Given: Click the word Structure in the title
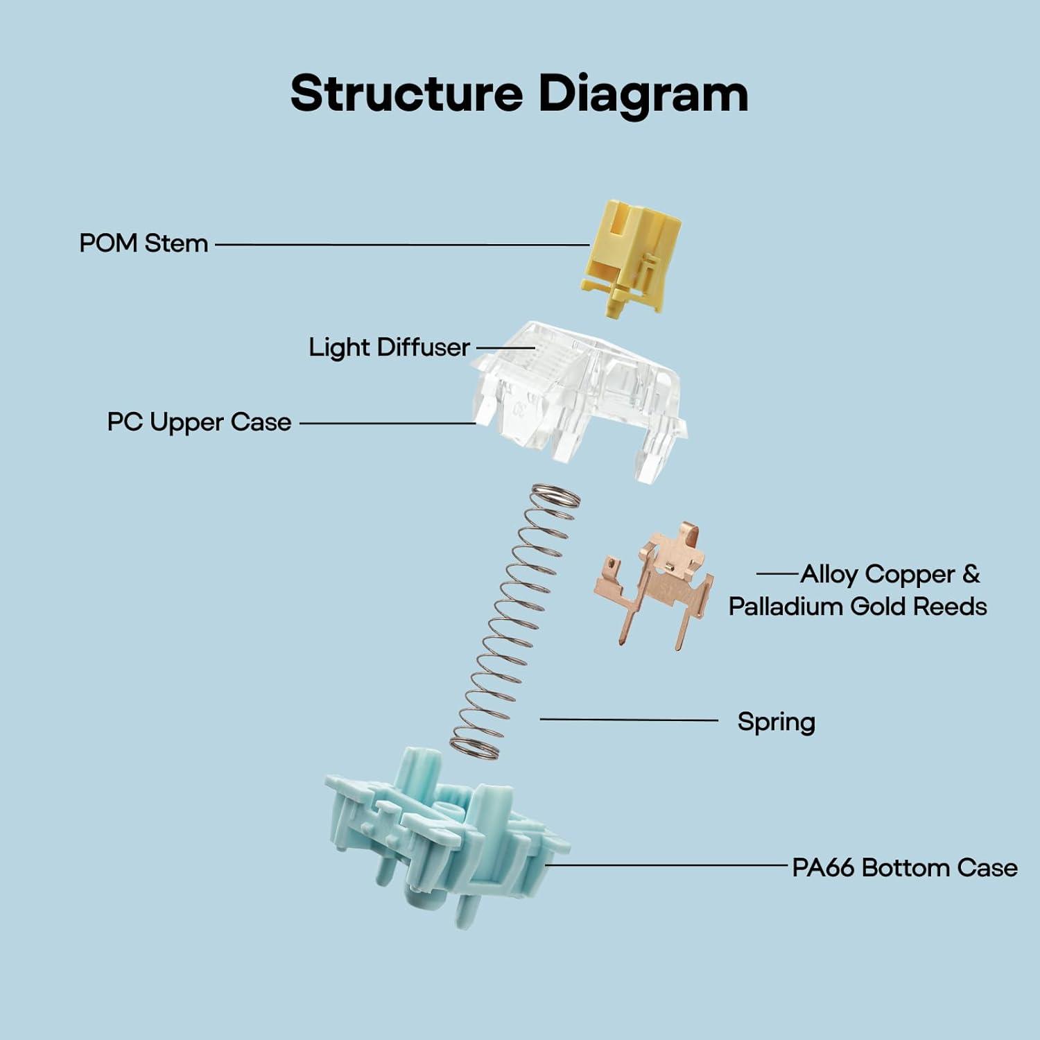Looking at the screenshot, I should click(x=406, y=94).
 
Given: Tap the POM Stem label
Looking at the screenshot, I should click(x=144, y=243).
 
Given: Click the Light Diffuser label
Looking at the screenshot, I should click(x=389, y=347).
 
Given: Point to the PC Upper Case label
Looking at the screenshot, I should click(x=199, y=422).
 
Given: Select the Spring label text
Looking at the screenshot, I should click(x=776, y=722).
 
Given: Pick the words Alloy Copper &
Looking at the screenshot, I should click(x=890, y=574).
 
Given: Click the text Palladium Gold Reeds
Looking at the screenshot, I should click(x=858, y=607).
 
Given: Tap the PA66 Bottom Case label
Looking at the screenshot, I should click(x=904, y=867).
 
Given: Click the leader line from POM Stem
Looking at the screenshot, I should click(x=402, y=244).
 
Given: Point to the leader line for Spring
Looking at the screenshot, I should click(x=628, y=720).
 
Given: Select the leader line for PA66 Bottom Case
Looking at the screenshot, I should click(x=669, y=865).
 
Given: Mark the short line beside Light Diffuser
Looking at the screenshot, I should click(x=505, y=347).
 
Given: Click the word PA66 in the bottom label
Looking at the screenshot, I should click(x=823, y=867).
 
